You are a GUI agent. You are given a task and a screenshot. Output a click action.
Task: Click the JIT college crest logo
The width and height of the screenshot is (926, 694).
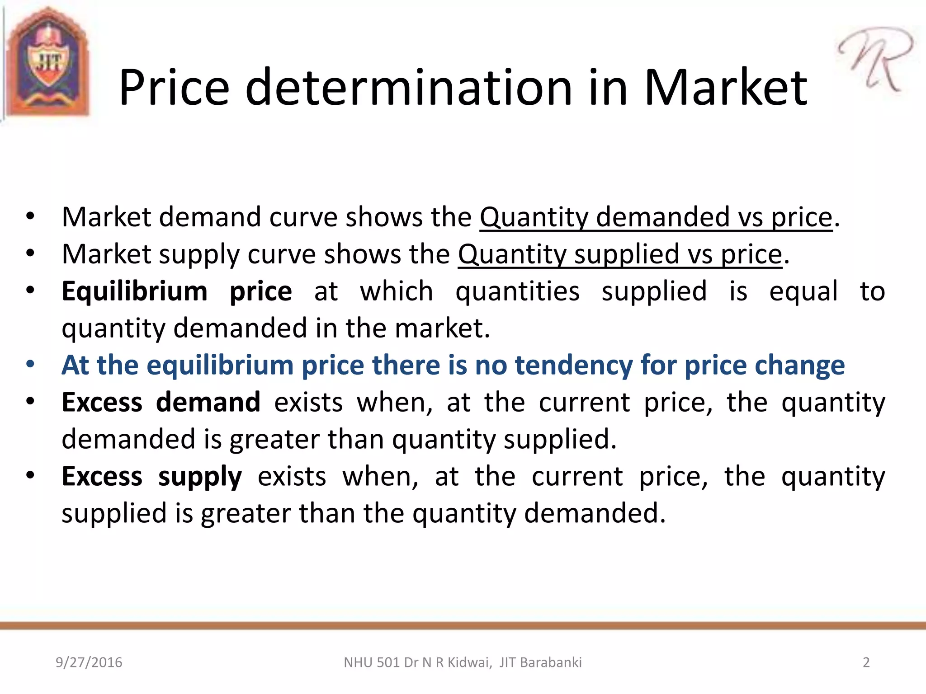(x=48, y=63)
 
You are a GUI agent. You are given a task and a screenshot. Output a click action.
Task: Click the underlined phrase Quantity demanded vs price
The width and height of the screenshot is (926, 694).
(x=656, y=217)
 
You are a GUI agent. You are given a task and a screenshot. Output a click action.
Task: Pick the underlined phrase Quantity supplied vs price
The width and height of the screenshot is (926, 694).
(x=619, y=254)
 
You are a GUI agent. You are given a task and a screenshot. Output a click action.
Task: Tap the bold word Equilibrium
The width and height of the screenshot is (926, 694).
(x=134, y=291)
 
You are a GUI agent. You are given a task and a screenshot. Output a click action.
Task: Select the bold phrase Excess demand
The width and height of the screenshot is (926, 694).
(x=161, y=402)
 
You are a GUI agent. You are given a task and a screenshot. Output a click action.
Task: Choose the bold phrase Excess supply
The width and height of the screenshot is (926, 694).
(x=152, y=476)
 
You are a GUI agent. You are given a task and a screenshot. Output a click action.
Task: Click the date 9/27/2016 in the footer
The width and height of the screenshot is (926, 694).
(x=89, y=662)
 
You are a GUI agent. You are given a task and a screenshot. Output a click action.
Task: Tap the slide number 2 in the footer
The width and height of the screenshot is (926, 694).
(x=866, y=662)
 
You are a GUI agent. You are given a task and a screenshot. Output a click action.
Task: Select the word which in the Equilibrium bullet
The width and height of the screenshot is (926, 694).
(x=397, y=291)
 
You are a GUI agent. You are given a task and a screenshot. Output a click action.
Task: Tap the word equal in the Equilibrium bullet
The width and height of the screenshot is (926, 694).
(x=803, y=291)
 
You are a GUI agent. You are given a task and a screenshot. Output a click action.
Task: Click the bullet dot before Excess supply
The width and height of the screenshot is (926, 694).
(x=30, y=475)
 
